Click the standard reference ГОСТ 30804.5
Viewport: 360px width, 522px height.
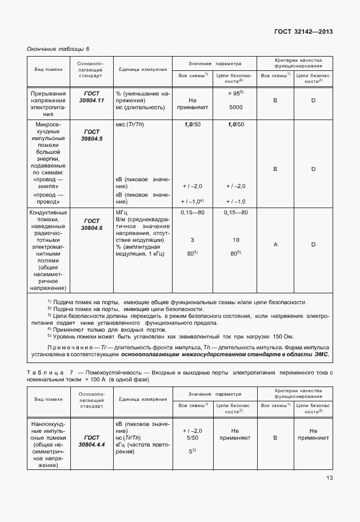coord(91,135)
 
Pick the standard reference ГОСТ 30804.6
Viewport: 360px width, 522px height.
coord(91,224)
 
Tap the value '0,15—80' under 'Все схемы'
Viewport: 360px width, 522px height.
coord(192,213)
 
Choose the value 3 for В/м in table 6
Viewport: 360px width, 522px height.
coord(192,240)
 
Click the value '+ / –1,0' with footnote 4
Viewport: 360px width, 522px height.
coord(192,201)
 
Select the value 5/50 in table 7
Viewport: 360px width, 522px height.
coord(192,439)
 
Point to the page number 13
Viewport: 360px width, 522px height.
coord(330,478)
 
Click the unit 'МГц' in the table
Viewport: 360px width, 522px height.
coord(123,213)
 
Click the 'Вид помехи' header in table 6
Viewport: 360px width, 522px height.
coord(48,69)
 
